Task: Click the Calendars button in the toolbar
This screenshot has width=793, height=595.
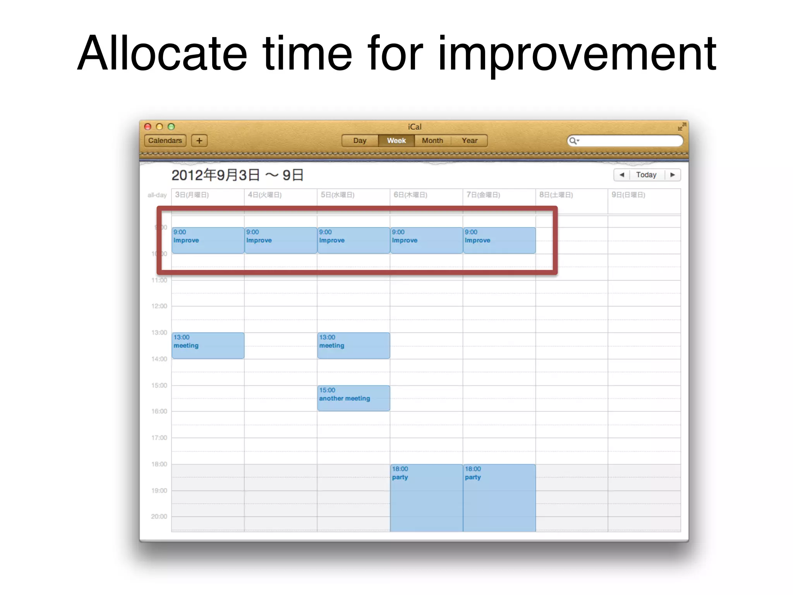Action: [165, 141]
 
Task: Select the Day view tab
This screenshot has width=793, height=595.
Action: [360, 141]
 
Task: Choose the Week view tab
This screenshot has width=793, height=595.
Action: [396, 141]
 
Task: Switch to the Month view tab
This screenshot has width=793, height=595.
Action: [433, 141]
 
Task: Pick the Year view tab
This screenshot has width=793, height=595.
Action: [469, 141]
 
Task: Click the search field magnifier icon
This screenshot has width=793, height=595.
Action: [573, 141]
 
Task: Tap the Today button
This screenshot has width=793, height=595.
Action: [646, 175]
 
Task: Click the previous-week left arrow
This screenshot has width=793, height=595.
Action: [622, 175]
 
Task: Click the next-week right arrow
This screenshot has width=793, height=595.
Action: [673, 175]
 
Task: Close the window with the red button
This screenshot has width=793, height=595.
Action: [148, 127]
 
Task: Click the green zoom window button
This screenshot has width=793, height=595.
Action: [171, 127]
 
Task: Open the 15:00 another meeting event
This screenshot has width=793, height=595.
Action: [353, 398]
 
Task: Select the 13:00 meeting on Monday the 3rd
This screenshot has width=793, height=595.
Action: [208, 346]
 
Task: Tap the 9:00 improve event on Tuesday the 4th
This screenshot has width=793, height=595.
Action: [281, 241]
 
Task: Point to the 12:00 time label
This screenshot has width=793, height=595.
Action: [159, 306]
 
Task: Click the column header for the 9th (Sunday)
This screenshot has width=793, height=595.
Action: [628, 195]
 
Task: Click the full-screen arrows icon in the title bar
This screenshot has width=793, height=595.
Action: [682, 127]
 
